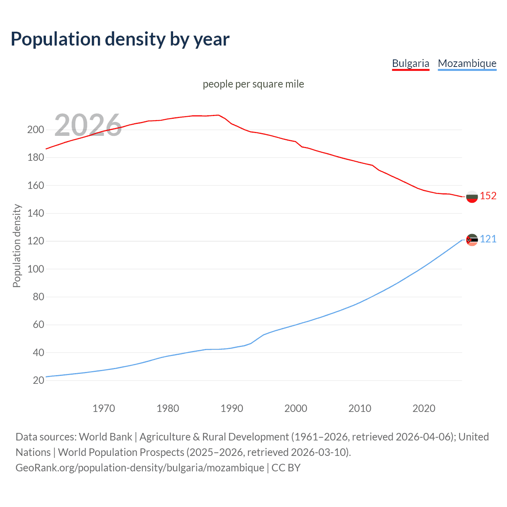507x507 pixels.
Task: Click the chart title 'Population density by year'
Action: coord(120,39)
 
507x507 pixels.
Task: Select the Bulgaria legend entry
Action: coord(410,63)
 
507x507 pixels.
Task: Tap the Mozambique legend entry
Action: coord(467,63)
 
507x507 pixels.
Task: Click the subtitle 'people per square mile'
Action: coord(253,84)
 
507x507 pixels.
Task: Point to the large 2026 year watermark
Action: coord(88,125)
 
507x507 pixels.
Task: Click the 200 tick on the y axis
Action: coord(35,130)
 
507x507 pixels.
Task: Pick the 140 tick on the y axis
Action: coord(35,213)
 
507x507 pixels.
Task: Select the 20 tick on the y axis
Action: coord(38,381)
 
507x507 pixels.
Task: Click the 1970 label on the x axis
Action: coord(104,408)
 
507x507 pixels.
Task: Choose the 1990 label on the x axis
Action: coord(232,408)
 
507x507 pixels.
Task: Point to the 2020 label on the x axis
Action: coord(424,408)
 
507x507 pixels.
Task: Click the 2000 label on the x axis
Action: coord(296,408)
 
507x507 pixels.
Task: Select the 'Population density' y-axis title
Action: coord(17,246)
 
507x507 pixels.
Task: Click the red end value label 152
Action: coord(488,196)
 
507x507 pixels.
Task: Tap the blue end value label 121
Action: coord(488,239)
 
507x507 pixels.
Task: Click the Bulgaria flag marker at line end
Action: coord(472,196)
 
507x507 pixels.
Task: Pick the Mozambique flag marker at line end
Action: coord(472,240)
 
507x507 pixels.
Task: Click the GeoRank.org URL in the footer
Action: coord(140,468)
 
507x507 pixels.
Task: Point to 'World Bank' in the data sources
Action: coord(105,437)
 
